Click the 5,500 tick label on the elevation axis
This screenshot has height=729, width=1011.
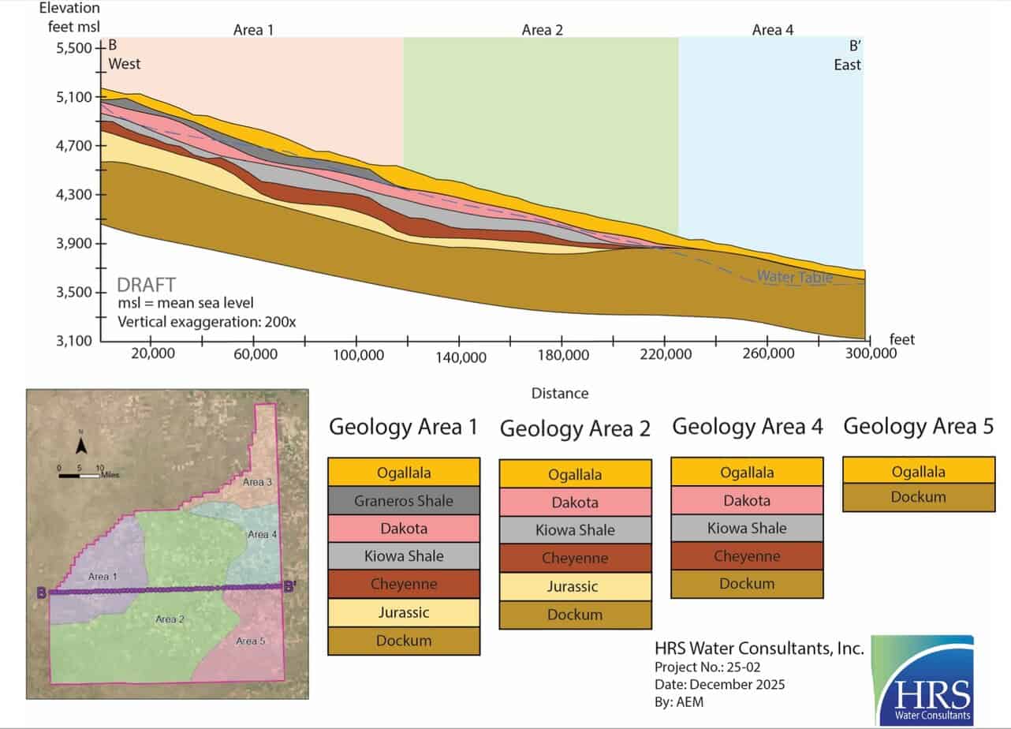point(73,48)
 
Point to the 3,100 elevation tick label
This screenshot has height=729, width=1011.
point(73,341)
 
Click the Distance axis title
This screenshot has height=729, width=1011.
point(559,393)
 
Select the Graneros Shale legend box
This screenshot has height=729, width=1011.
point(403,500)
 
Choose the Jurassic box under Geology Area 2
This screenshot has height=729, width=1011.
point(574,586)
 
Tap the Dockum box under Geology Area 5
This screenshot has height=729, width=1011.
point(918,497)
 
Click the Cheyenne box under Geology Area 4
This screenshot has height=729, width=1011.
point(746,556)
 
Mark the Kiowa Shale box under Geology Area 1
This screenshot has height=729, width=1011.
point(403,556)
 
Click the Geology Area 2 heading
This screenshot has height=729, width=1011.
point(575,429)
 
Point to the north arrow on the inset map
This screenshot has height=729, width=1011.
point(81,447)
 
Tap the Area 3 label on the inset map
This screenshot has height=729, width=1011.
point(257,482)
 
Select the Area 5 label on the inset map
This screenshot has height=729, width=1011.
point(251,641)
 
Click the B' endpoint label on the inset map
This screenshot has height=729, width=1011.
point(290,586)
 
